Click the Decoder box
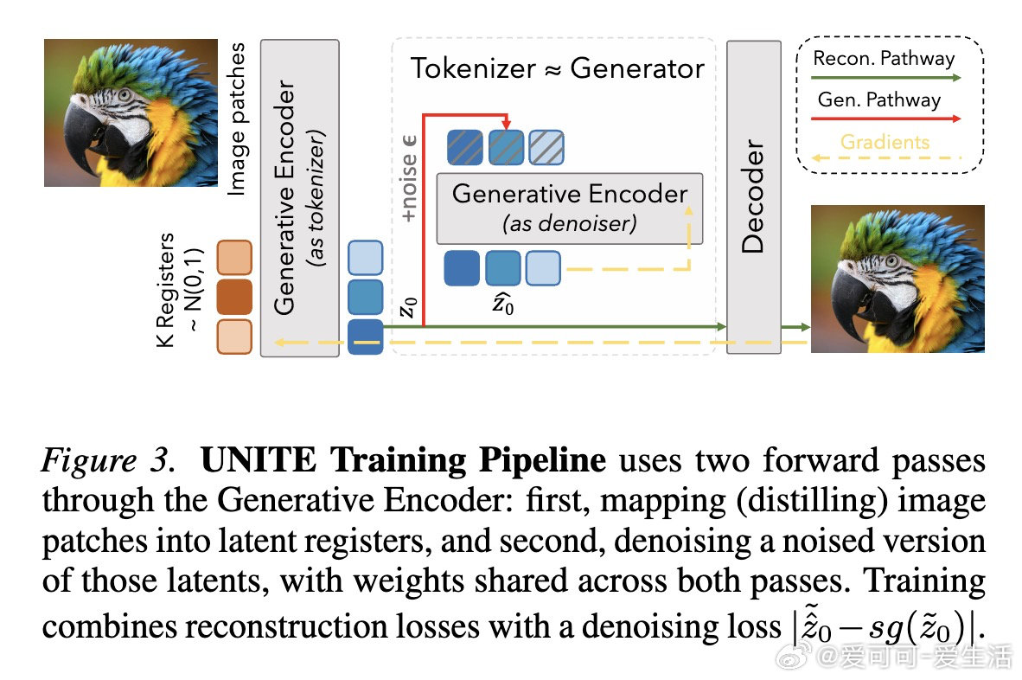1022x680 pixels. coord(753,196)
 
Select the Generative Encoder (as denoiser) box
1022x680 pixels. coord(570,208)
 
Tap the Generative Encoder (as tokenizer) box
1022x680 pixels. coord(297,196)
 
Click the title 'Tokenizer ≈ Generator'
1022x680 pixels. coord(558,68)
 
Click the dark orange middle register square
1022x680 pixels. coord(233,297)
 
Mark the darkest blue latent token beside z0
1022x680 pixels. coord(365,337)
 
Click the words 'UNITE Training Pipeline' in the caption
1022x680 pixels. coord(403,459)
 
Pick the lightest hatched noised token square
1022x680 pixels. coord(546,147)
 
